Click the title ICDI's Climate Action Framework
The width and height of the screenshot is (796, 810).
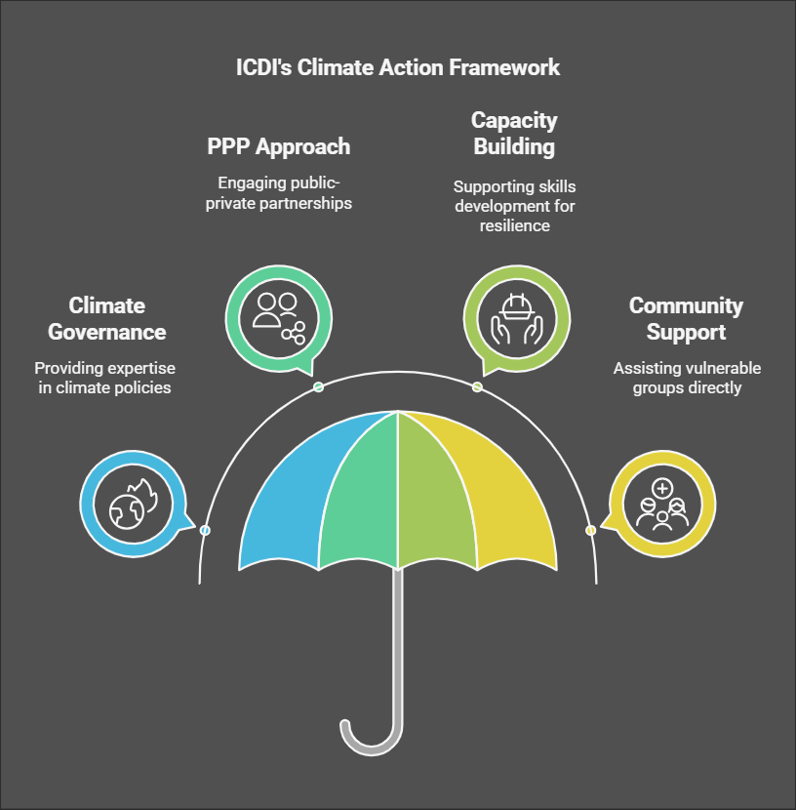[398, 67]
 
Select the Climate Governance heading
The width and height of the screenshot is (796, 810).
[107, 319]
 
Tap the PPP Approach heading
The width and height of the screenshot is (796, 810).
[278, 147]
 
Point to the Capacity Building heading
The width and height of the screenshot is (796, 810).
[514, 134]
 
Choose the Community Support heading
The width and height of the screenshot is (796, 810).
[686, 319]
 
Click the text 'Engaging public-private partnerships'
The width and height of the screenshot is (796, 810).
[279, 192]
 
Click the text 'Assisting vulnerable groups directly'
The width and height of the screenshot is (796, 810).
[686, 379]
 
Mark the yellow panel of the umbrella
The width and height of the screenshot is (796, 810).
[507, 498]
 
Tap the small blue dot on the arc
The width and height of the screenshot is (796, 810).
[205, 530]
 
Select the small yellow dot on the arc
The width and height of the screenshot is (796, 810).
[590, 530]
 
